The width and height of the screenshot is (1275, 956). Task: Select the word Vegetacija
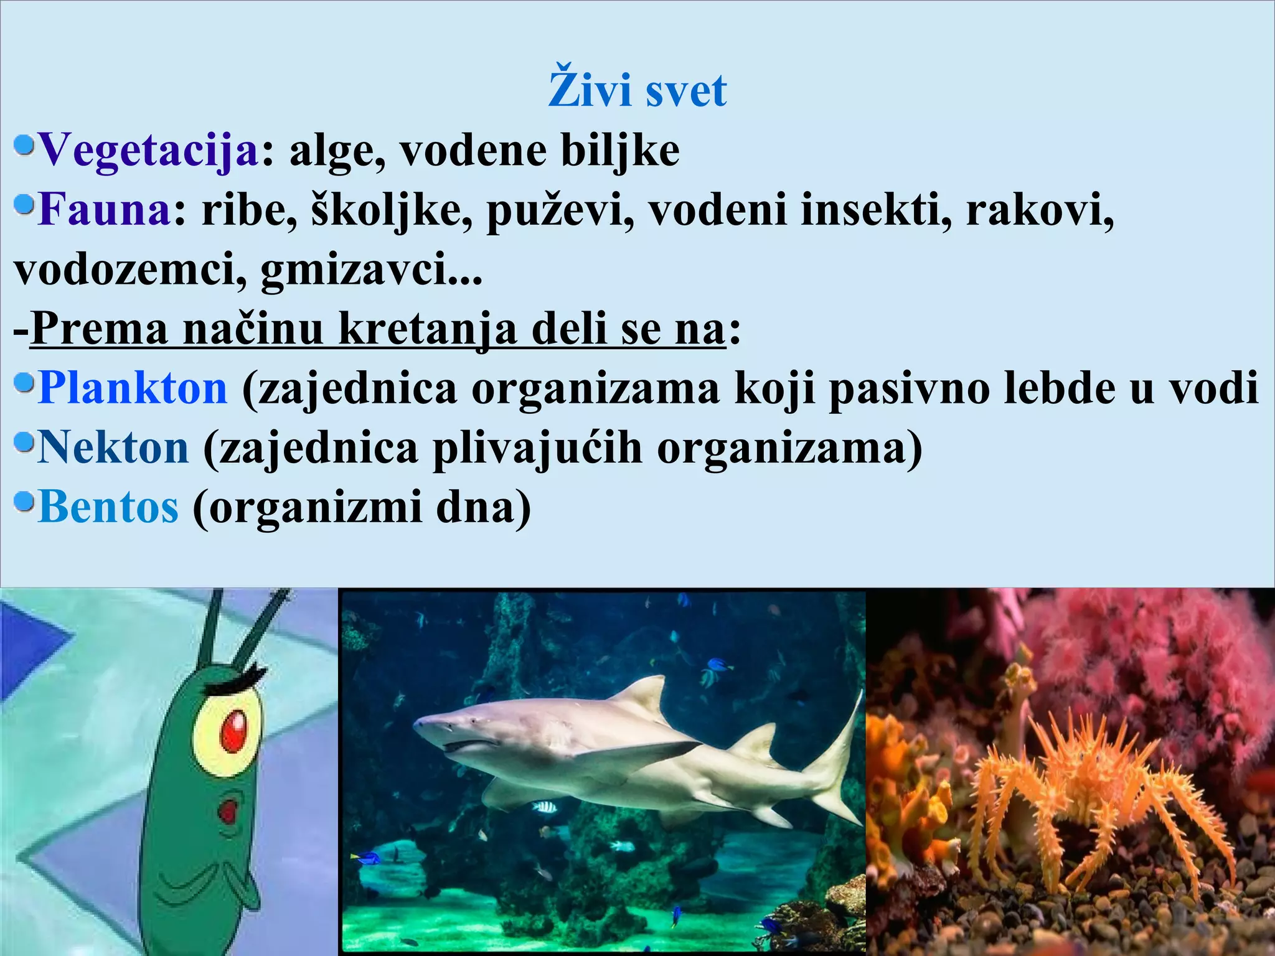(148, 151)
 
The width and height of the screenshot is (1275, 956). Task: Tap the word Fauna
(104, 210)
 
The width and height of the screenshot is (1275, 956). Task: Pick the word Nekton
(113, 448)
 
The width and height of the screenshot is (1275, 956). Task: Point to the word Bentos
(108, 507)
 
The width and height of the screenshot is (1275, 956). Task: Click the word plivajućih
(537, 448)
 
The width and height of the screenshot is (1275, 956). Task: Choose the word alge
(336, 152)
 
